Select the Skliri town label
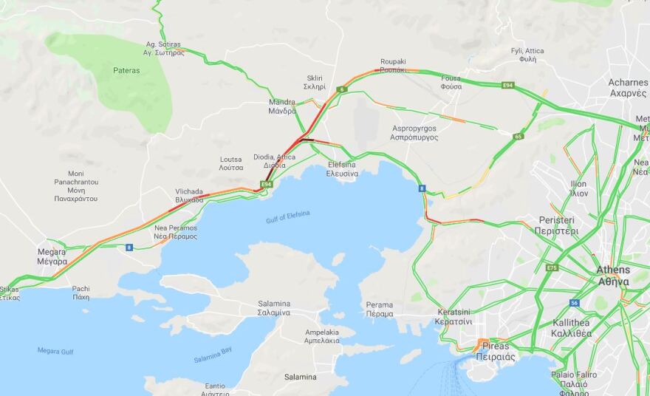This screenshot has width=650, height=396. (x=315, y=82)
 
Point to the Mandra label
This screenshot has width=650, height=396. (x=282, y=106)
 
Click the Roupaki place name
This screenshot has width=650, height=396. (x=393, y=65)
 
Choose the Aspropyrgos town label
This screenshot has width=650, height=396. (x=413, y=133)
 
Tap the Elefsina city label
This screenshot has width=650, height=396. (x=342, y=168)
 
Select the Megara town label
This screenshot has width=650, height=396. (x=52, y=256)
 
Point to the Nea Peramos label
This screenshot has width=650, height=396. (x=176, y=232)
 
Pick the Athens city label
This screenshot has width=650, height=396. (x=613, y=275)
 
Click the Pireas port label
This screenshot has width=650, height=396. (x=495, y=350)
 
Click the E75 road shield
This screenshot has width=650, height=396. (x=552, y=267)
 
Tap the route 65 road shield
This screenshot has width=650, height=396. (x=519, y=136)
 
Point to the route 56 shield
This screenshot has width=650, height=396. (x=574, y=303)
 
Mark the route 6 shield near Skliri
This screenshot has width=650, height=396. (x=342, y=89)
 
